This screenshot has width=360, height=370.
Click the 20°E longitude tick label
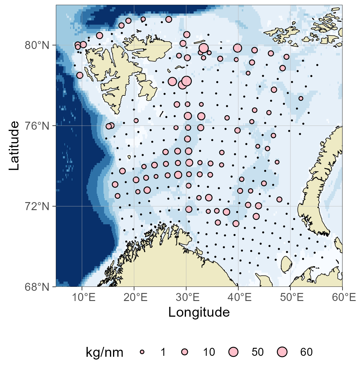135,298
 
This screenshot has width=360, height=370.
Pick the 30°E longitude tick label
187,298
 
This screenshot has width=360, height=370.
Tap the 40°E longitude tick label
239,298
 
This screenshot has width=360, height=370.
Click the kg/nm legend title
104,352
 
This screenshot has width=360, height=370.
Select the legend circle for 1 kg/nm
142,352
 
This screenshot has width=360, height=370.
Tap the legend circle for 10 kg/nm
184,352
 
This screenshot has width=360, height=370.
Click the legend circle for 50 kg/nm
233,352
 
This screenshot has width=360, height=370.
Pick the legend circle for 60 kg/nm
282,352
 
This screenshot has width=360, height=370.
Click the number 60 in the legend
306,352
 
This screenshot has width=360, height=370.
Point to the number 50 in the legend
257,352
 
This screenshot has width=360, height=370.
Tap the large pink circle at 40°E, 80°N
237,48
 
